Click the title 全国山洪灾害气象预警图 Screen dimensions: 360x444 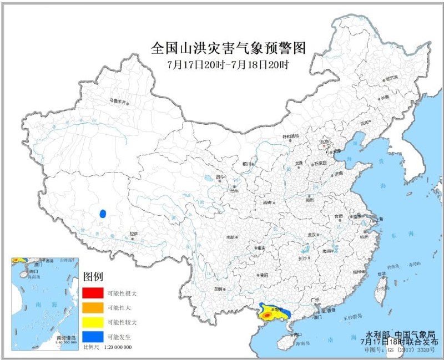pos(229,48)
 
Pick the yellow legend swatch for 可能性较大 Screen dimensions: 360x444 pos(92,322)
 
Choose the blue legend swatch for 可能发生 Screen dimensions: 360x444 pos(92,337)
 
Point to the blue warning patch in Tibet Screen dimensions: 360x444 pos(102,213)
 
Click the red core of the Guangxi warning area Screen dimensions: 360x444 pos(267,316)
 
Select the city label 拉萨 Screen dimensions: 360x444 pos(133,234)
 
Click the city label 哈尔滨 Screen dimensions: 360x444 pos(392,78)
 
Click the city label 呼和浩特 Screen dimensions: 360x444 pos(291,135)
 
